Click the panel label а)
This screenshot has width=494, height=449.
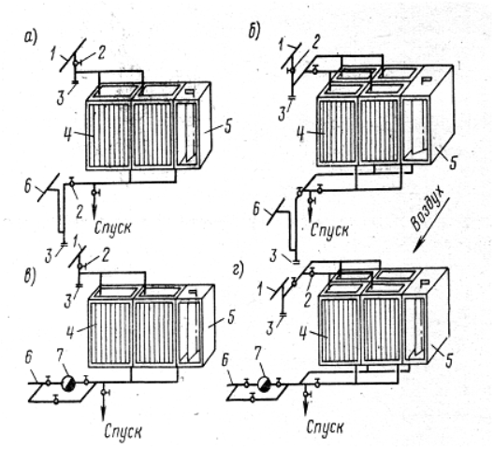pos(31,37)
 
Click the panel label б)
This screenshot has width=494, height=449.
pos(254,31)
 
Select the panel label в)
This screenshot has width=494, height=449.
pos(31,276)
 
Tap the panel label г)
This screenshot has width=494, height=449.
pos(240,270)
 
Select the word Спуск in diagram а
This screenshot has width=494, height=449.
pos(112,227)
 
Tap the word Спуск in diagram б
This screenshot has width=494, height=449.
pos(329,230)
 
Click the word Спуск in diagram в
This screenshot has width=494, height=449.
pos(123,431)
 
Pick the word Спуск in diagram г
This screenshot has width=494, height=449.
pos(325,427)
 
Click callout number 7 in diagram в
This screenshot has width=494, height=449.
pos(61,355)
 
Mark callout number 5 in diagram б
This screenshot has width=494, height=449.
pos(453,163)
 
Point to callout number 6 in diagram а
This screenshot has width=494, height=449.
pos(27,188)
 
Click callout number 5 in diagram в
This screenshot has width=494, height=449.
pos(231,318)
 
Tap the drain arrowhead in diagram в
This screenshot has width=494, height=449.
pos(103,414)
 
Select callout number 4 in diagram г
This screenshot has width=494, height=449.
pos(302,334)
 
